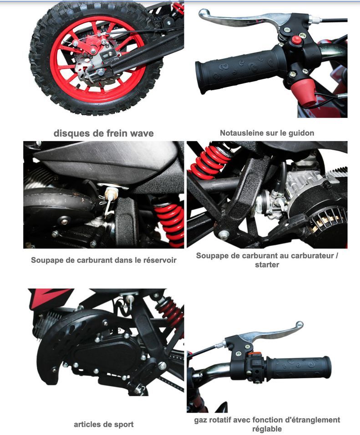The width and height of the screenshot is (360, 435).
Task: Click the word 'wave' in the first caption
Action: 142,133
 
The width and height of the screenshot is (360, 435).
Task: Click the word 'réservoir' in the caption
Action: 160,260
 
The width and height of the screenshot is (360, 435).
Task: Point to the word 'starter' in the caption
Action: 267,265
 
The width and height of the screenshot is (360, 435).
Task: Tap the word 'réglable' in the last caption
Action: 267,429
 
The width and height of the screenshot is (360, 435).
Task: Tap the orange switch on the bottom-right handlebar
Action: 255,355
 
